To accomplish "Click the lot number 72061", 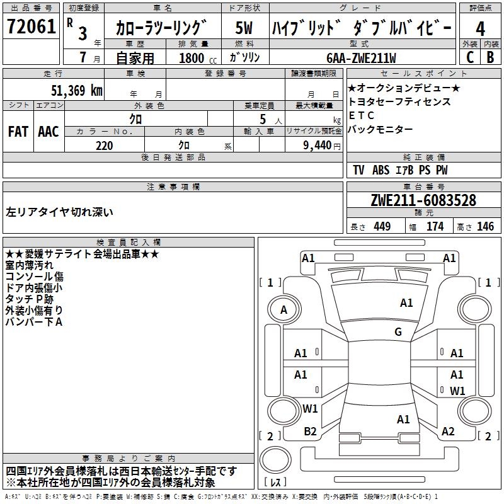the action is click(31, 28).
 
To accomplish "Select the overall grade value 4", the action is click(481, 28).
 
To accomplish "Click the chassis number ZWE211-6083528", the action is click(423, 200).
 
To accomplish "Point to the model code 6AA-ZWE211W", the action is click(361, 58).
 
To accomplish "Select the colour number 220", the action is click(104, 146).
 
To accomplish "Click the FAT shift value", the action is click(18, 132).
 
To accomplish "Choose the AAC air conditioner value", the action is click(49, 132).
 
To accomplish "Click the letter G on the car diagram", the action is click(398, 332).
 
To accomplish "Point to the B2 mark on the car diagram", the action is click(310, 431).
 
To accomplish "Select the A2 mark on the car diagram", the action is click(448, 431).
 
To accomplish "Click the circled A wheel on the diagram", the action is click(283, 310).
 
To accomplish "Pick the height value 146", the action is click(485, 227).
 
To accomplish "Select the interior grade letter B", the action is click(490, 57).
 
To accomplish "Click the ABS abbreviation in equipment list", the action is click(381, 170).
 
